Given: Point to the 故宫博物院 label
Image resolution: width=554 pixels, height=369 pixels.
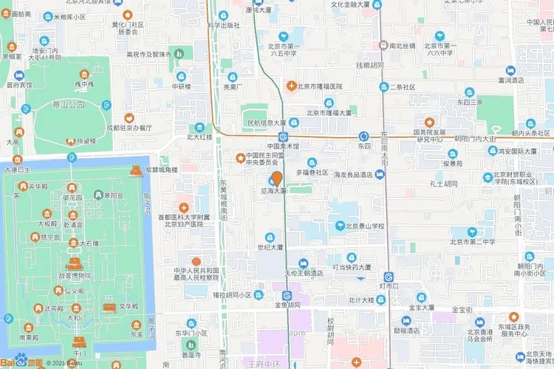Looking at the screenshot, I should coord(75,276).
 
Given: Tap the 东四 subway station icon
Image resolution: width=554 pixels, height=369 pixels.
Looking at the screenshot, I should coord(363,137).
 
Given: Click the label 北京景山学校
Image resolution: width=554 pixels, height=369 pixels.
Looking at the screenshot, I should coord(366,226).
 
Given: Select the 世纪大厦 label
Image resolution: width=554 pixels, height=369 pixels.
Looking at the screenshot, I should coord(270,247).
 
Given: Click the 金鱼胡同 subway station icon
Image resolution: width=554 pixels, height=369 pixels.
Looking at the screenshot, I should coord(287,297).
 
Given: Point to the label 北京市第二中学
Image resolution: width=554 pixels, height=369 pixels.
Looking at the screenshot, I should coord(473,241).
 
